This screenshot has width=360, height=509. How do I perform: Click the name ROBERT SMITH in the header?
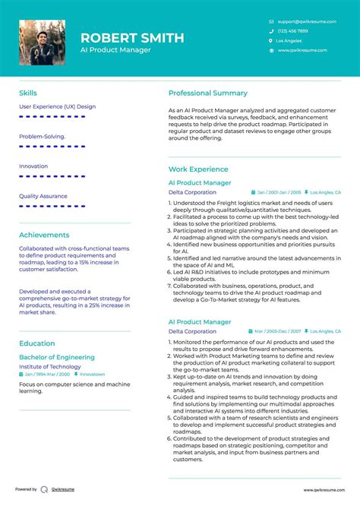pyautogui.click(x=132, y=38)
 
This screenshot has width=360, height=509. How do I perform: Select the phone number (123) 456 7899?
pyautogui.click(x=293, y=31)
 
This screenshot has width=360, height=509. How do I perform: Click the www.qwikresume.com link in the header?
pyautogui.click(x=302, y=50)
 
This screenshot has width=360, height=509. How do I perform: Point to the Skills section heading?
pyautogui.click(x=28, y=93)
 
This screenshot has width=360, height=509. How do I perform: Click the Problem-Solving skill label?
pyautogui.click(x=42, y=137)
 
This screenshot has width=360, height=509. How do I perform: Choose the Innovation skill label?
pyautogui.click(x=33, y=166)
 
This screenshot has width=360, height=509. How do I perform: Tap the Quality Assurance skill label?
pyautogui.click(x=43, y=196)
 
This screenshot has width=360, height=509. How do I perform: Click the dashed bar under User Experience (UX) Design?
pyautogui.click(x=57, y=117)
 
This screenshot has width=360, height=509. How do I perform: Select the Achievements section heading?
pyautogui.click(x=44, y=235)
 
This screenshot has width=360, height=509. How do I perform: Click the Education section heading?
pyautogui.click(x=37, y=343)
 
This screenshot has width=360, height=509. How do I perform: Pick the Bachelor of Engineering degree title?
pyautogui.click(x=57, y=357)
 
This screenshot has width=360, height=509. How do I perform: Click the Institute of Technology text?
pyautogui.click(x=50, y=366)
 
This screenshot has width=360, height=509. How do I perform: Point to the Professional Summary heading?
pyautogui.click(x=208, y=93)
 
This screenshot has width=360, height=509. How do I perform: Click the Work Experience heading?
pyautogui.click(x=198, y=169)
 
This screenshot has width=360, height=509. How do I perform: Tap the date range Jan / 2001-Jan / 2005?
pyautogui.click(x=279, y=193)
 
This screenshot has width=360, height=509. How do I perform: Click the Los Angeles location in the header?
pyautogui.click(x=289, y=40)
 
